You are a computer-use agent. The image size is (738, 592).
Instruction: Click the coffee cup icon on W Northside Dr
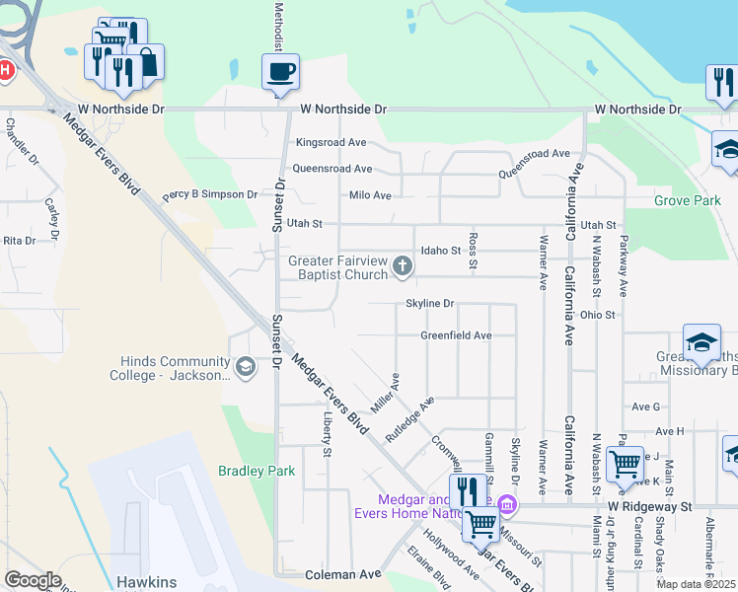280,72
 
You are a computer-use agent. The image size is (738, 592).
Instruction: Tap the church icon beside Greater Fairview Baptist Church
402,265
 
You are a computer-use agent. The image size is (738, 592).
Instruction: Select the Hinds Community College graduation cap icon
245,368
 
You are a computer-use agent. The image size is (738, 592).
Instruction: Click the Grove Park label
687,200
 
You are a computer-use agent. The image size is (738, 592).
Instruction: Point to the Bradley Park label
257,472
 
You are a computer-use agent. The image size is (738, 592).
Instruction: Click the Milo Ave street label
370,195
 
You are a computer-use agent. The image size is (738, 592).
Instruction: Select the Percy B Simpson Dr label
209,195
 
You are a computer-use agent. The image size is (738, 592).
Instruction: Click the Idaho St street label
440,251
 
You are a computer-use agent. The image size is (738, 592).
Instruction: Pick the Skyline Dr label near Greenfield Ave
429,304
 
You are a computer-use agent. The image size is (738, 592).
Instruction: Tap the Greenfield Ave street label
456,335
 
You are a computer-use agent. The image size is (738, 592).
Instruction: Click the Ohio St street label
598,315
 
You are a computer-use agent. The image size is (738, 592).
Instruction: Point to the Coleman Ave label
342,573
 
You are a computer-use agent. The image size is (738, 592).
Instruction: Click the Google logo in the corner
33,580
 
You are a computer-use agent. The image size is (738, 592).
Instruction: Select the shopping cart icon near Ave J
624,464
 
